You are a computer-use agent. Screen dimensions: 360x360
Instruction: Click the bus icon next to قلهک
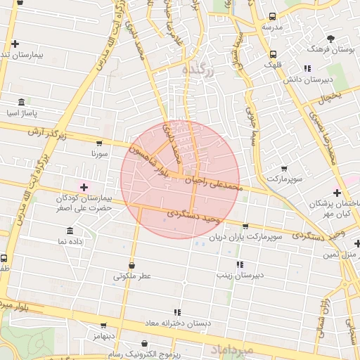click(x=273, y=54)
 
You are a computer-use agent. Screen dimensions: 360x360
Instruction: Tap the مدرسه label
click(x=272, y=27)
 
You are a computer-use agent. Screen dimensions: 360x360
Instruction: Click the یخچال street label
click(x=327, y=98)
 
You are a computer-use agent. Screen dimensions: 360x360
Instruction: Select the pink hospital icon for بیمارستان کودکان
click(x=84, y=186)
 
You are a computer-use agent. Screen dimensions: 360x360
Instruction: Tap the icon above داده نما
click(x=70, y=231)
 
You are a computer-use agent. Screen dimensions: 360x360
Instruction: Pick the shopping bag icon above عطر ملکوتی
click(x=132, y=265)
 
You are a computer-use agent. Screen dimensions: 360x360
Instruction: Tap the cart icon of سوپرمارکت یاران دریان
click(x=245, y=226)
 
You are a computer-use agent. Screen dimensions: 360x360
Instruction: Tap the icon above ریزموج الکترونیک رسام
click(x=144, y=344)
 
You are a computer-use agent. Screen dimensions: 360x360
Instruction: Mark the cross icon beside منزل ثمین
click(x=357, y=244)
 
